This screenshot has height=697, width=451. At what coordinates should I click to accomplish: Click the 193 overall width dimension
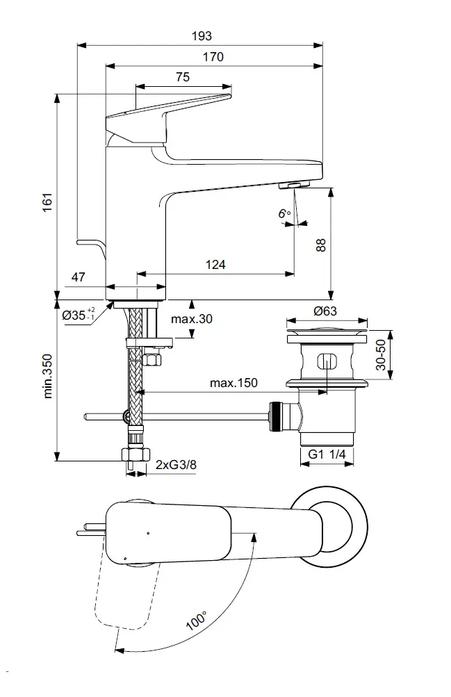coord(202,36)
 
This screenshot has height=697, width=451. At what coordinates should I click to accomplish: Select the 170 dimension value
coord(213,57)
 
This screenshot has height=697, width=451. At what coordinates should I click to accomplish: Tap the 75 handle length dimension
coord(182,77)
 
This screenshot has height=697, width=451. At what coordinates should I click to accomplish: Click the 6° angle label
coord(284,213)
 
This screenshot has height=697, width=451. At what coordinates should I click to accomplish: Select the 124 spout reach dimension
coord(215,265)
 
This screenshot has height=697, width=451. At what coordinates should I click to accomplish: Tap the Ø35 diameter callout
coord(79,315)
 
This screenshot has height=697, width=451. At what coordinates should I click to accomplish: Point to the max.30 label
coord(192,319)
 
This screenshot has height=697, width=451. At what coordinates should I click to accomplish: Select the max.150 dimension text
coord(233,384)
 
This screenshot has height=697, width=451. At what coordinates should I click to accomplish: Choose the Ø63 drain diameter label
coord(325,311)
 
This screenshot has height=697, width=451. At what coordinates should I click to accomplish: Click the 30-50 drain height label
coord(381,354)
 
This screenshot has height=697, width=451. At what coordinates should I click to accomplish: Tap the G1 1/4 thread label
coord(327,455)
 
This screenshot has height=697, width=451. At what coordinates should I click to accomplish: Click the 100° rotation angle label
coord(197,620)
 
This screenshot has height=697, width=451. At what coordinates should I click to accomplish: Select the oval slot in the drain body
coord(325,362)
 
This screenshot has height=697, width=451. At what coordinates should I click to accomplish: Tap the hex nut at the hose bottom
coord(136,456)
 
